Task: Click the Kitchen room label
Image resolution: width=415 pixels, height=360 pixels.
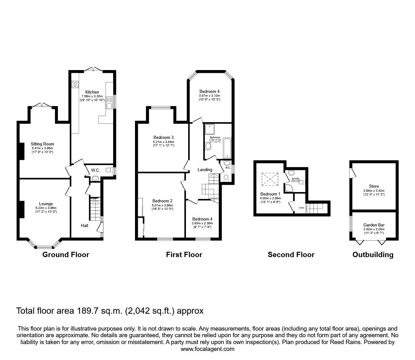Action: (92, 92)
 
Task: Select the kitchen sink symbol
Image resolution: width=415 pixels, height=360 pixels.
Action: (109, 105)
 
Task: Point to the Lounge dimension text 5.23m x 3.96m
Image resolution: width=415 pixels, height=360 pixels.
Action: (46, 208)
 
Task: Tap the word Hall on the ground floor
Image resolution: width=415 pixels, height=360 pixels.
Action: (85, 226)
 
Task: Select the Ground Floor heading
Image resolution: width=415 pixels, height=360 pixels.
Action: (66, 255)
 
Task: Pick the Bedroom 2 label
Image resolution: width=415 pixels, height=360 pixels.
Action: (162, 201)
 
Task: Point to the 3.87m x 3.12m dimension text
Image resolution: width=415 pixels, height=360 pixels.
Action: (209, 96)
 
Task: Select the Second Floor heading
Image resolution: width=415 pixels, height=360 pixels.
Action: (291, 255)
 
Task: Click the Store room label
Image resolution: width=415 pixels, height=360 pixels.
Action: (374, 186)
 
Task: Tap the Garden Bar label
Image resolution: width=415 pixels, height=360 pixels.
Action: (374, 225)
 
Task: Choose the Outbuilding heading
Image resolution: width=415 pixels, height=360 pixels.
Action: (373, 255)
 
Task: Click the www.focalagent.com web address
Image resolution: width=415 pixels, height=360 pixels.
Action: (207, 349)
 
